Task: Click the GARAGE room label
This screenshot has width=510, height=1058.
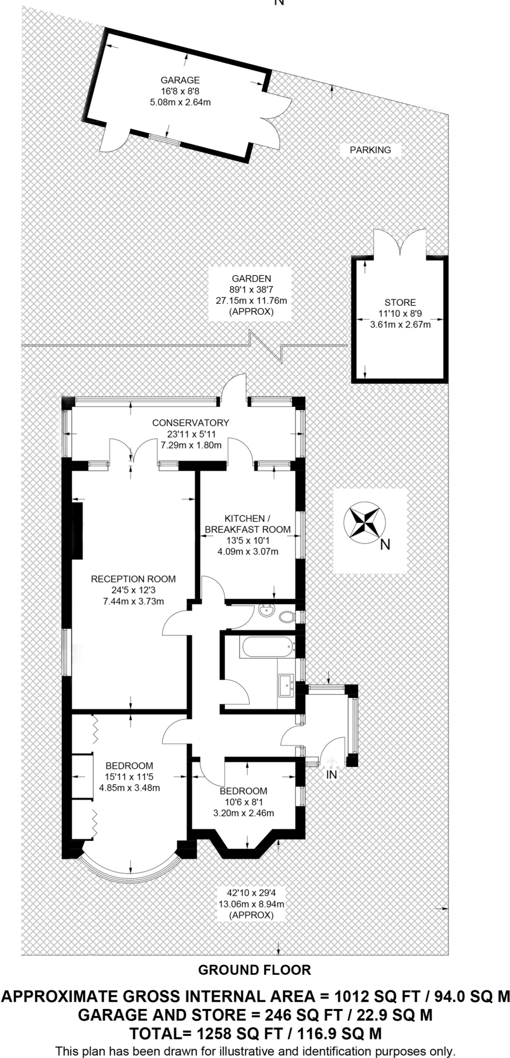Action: (180, 80)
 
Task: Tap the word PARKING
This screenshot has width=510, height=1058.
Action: (370, 150)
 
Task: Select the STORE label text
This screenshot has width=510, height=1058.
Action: (400, 302)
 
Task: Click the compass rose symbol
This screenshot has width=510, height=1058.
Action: (365, 522)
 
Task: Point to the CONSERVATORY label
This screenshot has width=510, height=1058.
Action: (190, 423)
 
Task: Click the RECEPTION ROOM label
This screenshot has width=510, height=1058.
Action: (133, 579)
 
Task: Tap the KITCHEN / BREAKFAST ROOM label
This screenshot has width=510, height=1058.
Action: (248, 524)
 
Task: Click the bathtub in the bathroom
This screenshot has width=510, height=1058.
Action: (267, 647)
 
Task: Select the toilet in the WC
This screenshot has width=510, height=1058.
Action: (286, 616)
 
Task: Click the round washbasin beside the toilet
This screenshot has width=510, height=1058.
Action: (267, 612)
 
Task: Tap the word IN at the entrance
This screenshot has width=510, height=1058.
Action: (331, 775)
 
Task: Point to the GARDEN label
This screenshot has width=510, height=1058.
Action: (251, 278)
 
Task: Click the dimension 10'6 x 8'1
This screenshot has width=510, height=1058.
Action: (243, 802)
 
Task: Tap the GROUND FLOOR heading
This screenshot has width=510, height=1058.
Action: (255, 970)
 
